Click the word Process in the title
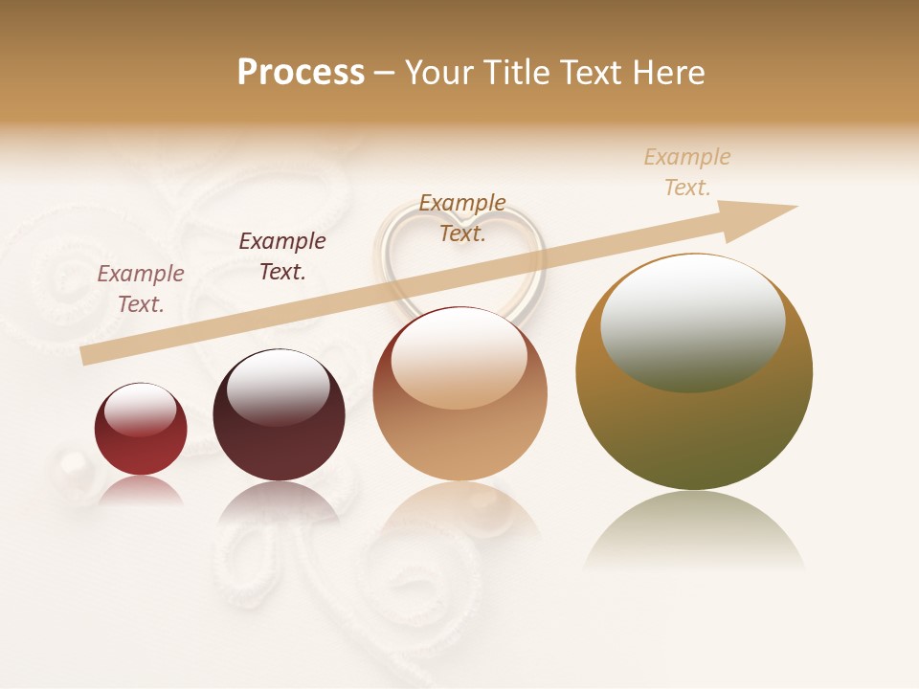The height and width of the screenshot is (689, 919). (x=301, y=73)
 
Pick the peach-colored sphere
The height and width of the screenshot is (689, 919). (x=460, y=431)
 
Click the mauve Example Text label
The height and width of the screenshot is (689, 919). (x=141, y=288)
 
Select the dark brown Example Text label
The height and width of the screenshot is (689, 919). (x=282, y=256)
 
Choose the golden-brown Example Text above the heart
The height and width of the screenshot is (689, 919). (x=462, y=217)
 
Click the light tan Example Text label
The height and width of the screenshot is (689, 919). (x=687, y=171)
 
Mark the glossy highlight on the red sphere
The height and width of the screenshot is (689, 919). (x=140, y=410)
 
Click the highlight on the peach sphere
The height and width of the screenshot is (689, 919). (x=459, y=357)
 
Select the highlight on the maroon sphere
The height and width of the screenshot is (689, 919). (x=278, y=386)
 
